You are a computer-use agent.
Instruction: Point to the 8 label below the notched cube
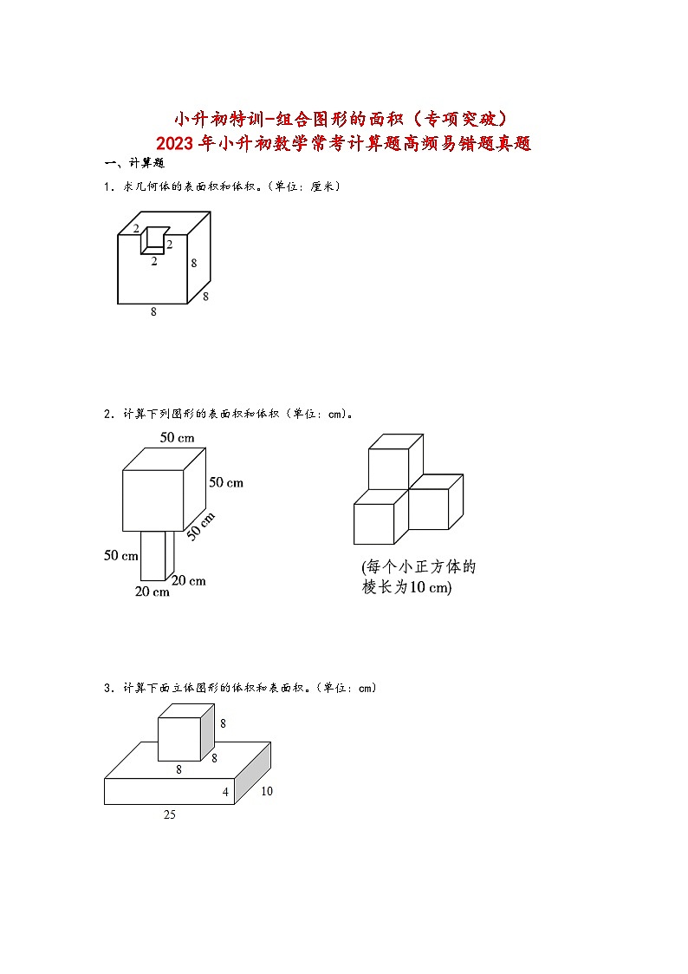point(153,312)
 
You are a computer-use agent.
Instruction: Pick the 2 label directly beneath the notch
point(153,261)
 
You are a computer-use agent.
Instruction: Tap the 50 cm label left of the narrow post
point(121,555)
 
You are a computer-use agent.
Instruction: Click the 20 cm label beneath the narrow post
point(153,592)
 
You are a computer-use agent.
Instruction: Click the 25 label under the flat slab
point(169,814)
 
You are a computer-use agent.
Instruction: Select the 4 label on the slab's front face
point(226,792)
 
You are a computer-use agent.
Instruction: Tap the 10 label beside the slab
point(266,791)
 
